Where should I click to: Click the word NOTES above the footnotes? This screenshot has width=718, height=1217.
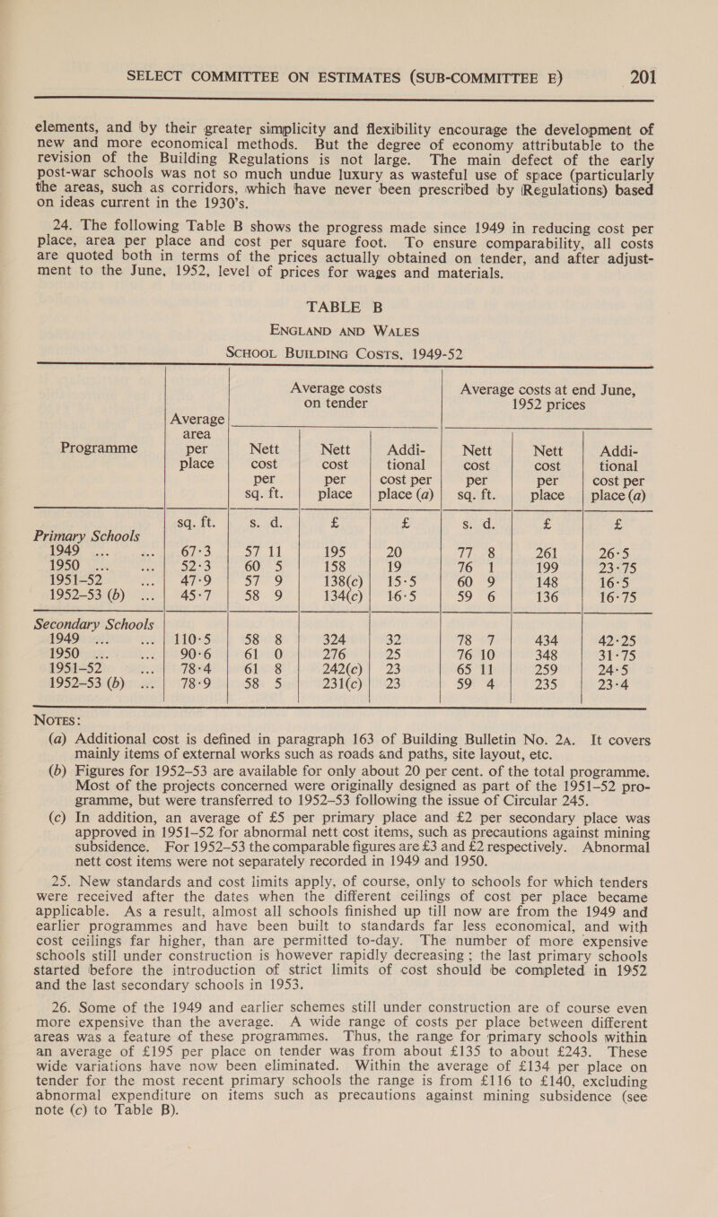40,816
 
